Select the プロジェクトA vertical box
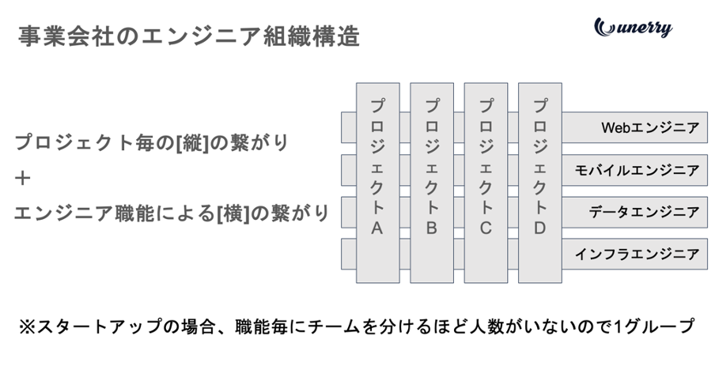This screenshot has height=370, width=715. [377, 182]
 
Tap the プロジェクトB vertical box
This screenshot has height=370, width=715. [432, 182]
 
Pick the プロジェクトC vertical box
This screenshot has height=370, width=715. [486, 182]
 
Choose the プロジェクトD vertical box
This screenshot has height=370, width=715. [540, 182]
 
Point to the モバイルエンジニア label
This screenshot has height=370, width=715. [637, 170]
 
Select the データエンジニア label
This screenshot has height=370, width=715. [643, 212]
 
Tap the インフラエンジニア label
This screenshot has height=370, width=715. [637, 255]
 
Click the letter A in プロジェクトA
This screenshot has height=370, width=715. [377, 228]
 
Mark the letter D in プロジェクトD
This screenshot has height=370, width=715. [540, 228]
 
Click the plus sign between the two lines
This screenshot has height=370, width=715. [23, 178]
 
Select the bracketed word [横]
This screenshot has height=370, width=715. [236, 213]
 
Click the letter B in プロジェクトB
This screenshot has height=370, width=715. [432, 228]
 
